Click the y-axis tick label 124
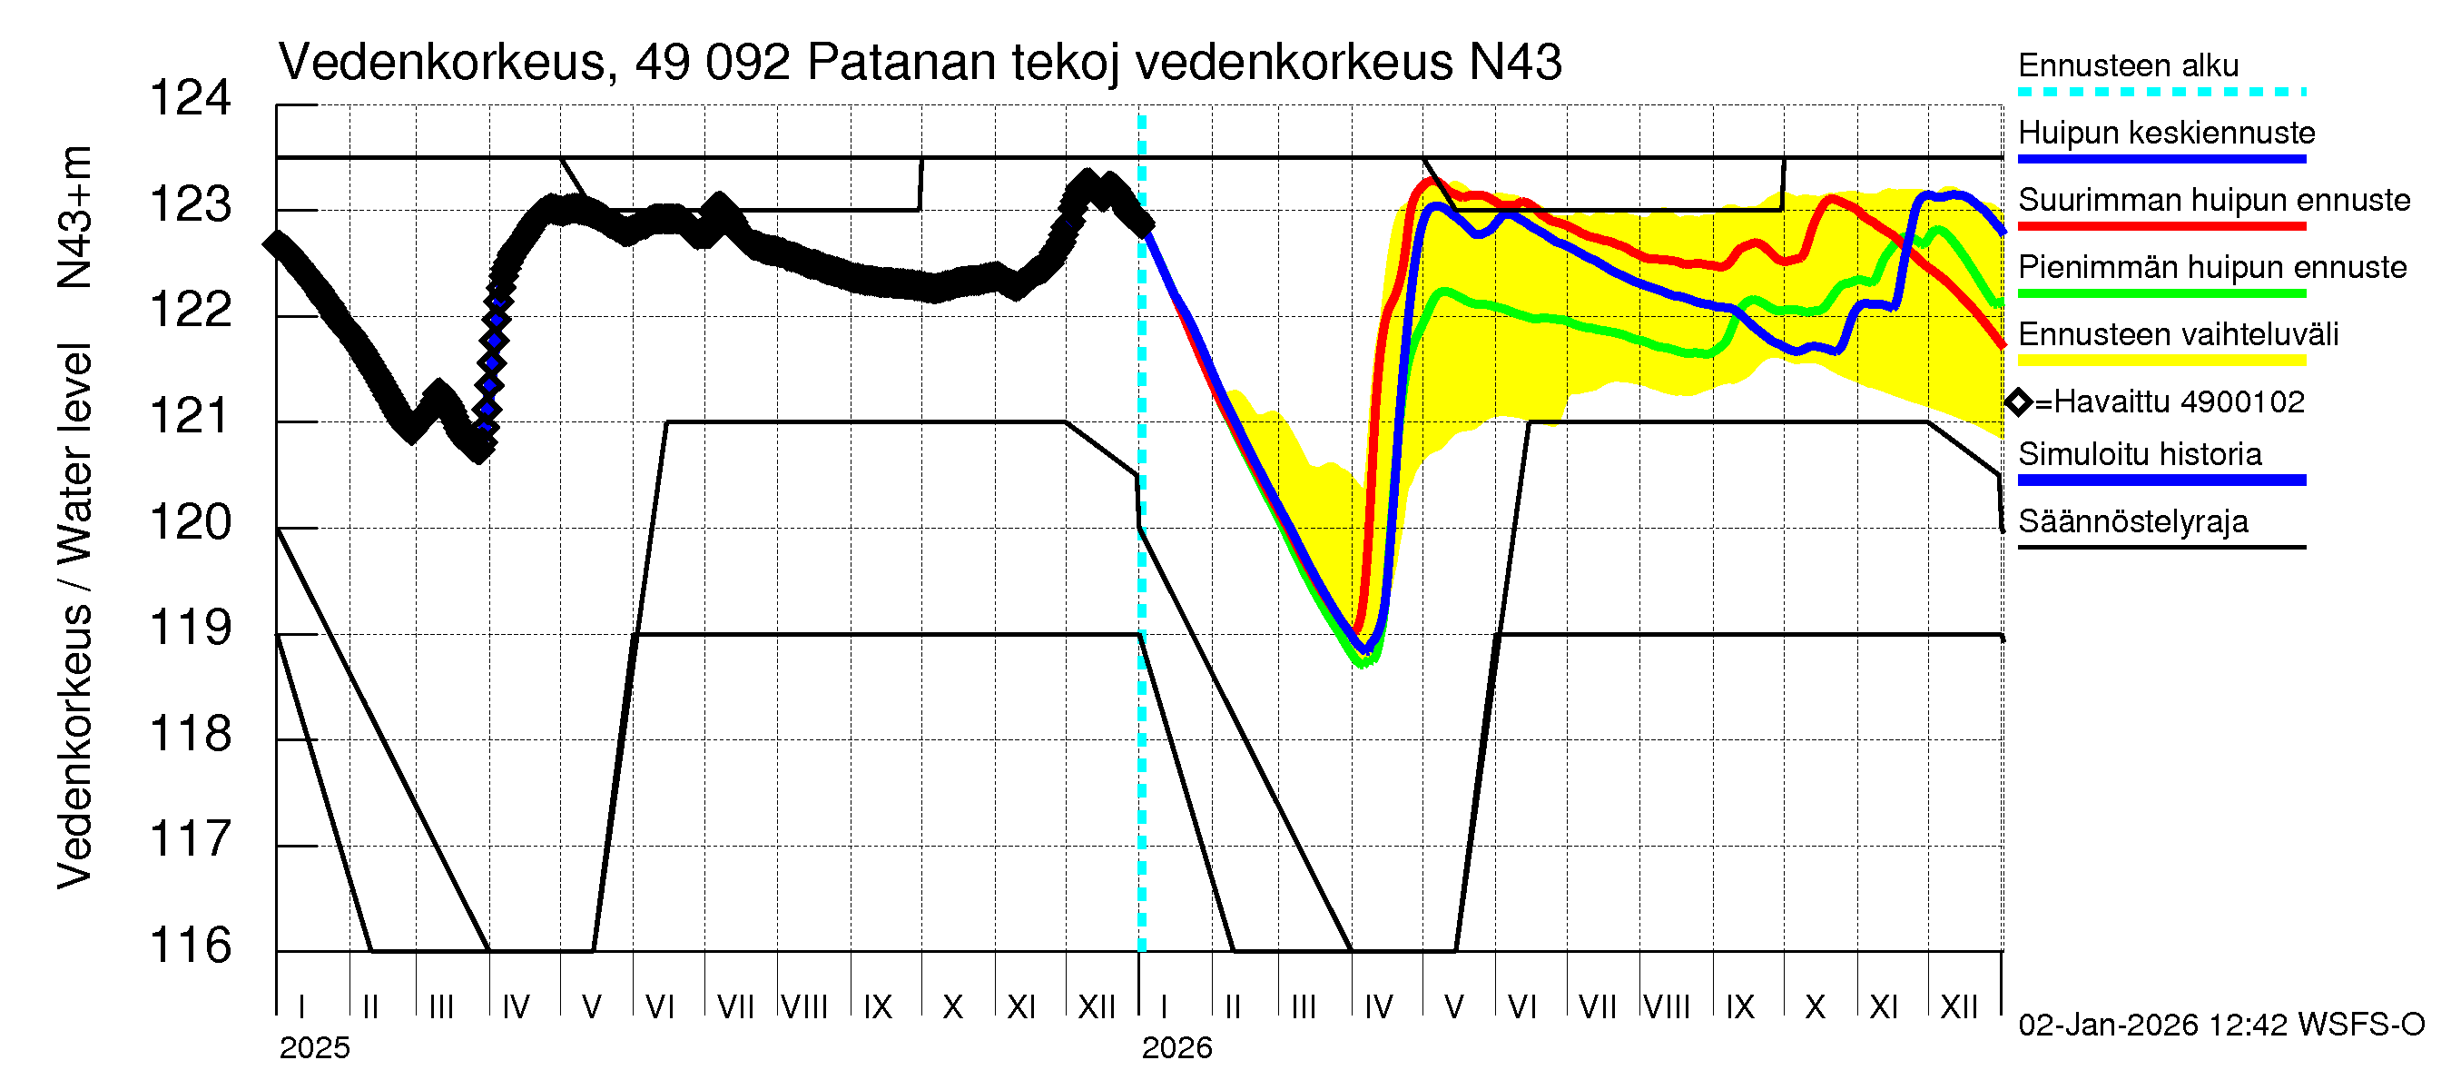click(191, 98)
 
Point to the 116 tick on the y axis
click(191, 946)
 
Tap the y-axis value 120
click(191, 521)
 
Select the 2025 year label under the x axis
click(314, 1048)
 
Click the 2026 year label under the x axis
click(1177, 1048)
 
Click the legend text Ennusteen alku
click(2129, 65)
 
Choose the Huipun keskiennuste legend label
click(2167, 133)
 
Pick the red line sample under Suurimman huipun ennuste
click(2161, 226)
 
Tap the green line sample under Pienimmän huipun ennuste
click(2161, 294)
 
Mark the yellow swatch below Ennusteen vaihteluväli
click(2161, 361)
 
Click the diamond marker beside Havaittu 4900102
click(2018, 402)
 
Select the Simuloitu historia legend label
click(2140, 454)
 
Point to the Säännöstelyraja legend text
click(2133, 521)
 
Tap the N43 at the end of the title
click(1515, 63)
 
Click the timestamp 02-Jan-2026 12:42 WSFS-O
click(2221, 1025)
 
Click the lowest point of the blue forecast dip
click(1366, 650)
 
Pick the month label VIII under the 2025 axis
click(805, 1006)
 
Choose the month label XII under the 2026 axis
click(1958, 1006)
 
